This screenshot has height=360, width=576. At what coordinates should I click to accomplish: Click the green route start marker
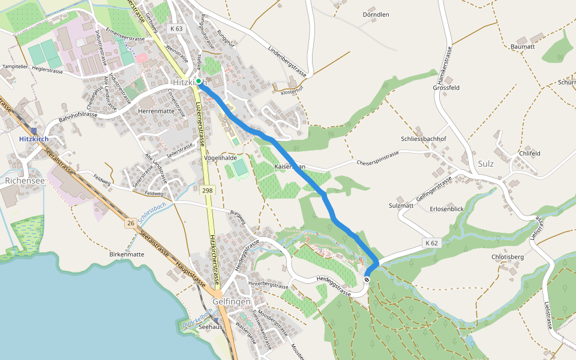tap(198, 81)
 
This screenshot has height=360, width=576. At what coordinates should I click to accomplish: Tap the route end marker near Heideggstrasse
tap(367, 279)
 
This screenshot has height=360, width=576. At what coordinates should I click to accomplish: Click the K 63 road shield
tap(176, 28)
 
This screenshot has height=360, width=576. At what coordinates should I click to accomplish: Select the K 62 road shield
tap(431, 243)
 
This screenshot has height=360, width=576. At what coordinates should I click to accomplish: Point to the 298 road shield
tap(208, 190)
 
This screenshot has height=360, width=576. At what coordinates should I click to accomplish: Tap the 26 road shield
tap(130, 223)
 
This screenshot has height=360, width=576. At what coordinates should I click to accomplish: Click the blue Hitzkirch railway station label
tap(34, 139)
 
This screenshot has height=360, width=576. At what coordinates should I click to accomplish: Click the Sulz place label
tap(486, 163)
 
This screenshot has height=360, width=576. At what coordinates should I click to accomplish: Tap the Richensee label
tap(25, 180)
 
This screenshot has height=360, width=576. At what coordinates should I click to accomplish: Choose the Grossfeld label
tap(446, 88)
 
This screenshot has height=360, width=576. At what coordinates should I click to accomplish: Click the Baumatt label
tap(522, 46)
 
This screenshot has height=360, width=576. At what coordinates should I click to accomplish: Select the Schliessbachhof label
tap(424, 139)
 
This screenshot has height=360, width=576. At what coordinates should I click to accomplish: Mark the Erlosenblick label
tap(447, 209)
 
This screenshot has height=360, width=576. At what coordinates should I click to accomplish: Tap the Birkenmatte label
tap(127, 254)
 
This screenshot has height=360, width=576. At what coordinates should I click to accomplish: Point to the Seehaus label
tap(211, 328)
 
